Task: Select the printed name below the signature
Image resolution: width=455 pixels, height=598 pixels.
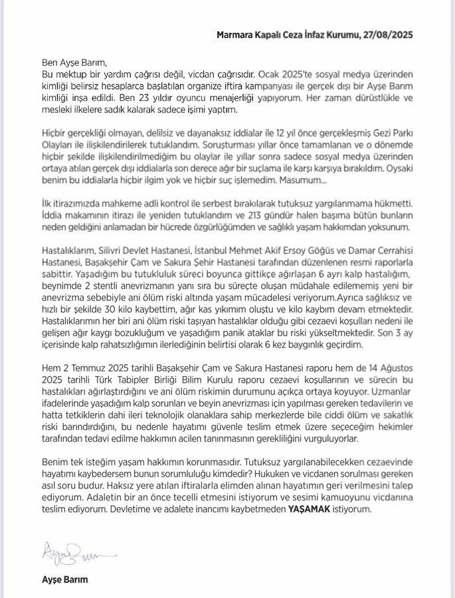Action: [64, 579]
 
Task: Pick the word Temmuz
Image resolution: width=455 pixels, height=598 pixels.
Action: [90, 367]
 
